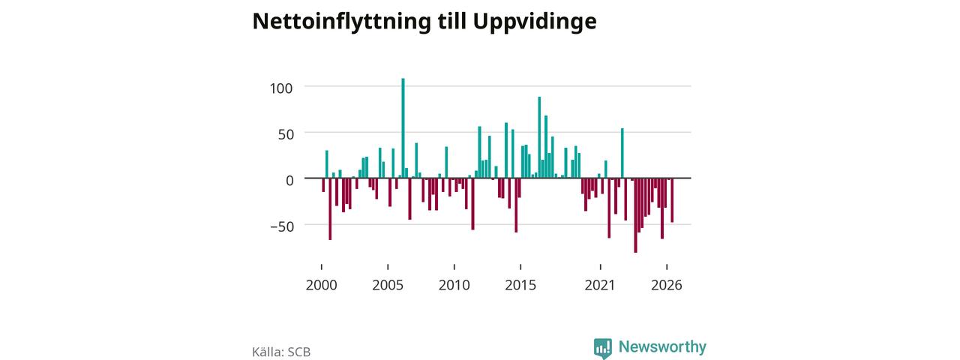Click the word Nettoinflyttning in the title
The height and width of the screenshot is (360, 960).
[x=341, y=22]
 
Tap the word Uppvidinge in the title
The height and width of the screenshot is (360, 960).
[x=535, y=22]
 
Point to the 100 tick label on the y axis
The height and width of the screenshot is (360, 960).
[x=281, y=88]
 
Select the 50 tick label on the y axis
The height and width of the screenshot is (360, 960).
[x=286, y=134]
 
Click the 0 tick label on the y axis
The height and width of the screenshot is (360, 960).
[x=289, y=181]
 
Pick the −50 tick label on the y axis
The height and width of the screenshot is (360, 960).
[x=282, y=226]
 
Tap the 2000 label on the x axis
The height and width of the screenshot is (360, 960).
[x=322, y=285]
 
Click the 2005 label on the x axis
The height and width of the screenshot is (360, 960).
[x=388, y=285]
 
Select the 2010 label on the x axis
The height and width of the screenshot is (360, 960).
[x=454, y=285]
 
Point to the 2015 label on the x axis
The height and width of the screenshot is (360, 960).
[x=520, y=285]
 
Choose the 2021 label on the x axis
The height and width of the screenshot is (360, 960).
[x=600, y=285]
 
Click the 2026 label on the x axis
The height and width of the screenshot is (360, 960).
[x=667, y=285]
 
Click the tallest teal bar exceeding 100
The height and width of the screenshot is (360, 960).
[x=403, y=128]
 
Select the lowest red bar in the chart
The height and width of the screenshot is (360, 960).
[x=635, y=215]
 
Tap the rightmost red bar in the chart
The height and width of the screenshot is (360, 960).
[x=672, y=200]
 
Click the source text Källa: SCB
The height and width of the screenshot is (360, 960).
[x=281, y=352]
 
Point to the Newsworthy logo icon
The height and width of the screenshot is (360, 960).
[x=603, y=348]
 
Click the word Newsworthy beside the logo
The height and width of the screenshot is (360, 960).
[x=662, y=346]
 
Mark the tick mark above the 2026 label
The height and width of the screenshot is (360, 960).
[x=667, y=267]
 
